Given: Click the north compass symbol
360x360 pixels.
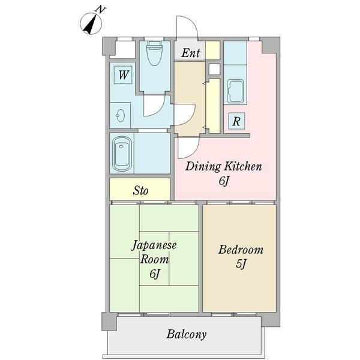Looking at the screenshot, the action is (x=91, y=23).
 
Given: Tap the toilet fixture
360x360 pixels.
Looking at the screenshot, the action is (x=155, y=53).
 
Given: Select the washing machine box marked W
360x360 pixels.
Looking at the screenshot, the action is (x=123, y=75).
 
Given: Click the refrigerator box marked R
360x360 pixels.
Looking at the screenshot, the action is (x=236, y=121).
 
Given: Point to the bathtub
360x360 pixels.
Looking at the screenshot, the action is (x=121, y=154).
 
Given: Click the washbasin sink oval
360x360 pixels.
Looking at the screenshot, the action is (x=121, y=115).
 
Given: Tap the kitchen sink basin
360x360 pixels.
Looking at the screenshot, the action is (x=235, y=92).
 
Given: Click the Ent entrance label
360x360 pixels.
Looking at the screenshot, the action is (x=191, y=53).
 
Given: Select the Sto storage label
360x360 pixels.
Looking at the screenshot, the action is (x=140, y=191).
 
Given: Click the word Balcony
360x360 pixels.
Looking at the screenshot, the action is (x=187, y=334).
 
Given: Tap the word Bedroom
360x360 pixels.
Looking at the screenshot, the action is (x=241, y=250).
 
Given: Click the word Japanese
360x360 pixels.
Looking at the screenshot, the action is (x=154, y=245).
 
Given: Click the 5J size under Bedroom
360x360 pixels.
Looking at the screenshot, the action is (x=241, y=264).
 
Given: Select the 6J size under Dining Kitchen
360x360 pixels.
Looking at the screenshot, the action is (x=224, y=181).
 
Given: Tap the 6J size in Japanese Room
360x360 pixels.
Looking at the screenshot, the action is (x=155, y=274).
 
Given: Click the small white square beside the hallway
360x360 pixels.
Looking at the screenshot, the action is (x=214, y=69).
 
